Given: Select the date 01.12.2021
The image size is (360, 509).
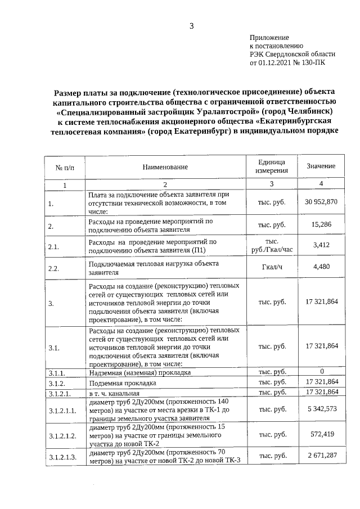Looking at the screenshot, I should tap(276, 63).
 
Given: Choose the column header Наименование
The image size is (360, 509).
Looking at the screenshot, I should tap(165, 167).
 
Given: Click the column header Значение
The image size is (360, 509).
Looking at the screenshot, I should tap(321, 166).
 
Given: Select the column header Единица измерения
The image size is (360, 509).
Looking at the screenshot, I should tap(272, 166).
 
